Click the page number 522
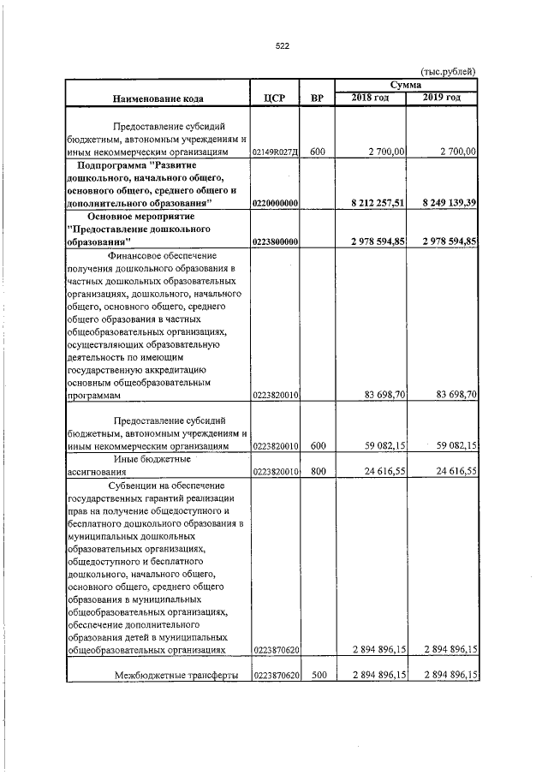coord(282,47)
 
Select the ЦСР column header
coord(274,99)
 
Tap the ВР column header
coord(317,99)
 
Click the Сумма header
coord(405,86)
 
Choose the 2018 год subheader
coord(370,98)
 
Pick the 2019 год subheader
coord(442,98)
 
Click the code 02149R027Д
coord(275,152)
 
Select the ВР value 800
coord(317,471)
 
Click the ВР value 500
coord(317,676)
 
